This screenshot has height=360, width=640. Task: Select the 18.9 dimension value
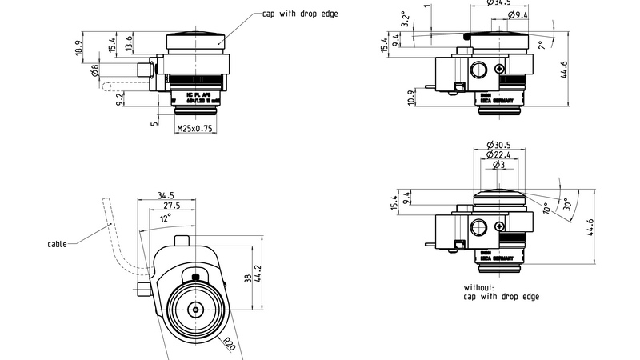[x=78, y=49]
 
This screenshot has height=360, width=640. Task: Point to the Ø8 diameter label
[x=94, y=73]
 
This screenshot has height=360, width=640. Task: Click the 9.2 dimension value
[x=120, y=98]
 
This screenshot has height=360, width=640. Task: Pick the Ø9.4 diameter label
[x=518, y=15]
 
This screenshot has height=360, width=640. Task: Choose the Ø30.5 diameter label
[x=498, y=144]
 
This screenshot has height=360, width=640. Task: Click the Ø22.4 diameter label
[x=498, y=154]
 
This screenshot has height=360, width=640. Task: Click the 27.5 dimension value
[x=172, y=206]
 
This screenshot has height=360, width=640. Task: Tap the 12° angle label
[x=166, y=218]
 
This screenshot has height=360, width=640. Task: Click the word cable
[x=57, y=244]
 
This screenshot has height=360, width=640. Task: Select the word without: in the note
[x=479, y=286]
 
